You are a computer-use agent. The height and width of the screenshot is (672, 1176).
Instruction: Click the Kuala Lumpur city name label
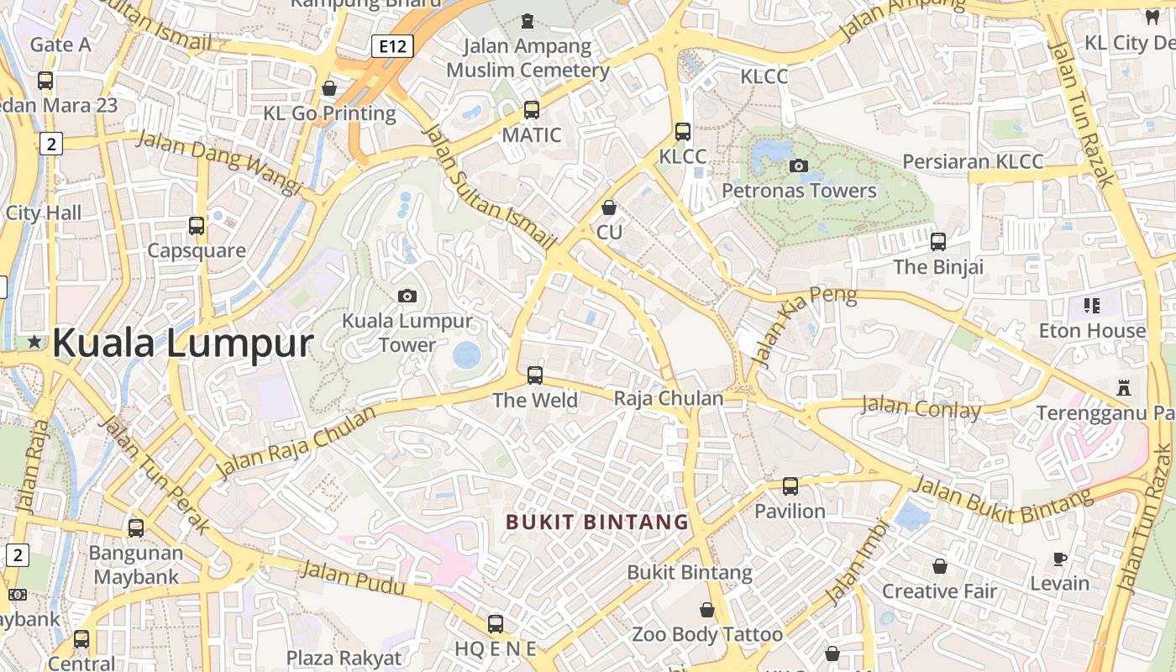(x=183, y=343)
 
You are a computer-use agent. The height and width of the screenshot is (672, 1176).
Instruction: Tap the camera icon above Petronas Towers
(x=799, y=165)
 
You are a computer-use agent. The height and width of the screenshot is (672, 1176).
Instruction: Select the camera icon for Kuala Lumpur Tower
(x=407, y=296)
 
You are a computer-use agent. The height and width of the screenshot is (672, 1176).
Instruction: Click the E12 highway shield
(x=392, y=46)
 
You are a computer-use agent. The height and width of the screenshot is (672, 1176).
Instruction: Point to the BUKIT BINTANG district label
(x=597, y=522)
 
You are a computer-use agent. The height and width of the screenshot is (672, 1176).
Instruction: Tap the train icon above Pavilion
(x=790, y=486)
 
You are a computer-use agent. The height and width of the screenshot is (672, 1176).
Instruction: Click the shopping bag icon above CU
(x=609, y=207)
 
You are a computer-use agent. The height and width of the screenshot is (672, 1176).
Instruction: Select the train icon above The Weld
(x=535, y=375)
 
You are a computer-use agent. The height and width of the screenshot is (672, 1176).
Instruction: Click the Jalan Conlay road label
(x=921, y=409)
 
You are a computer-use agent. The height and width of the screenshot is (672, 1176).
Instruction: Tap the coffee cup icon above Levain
(x=1060, y=558)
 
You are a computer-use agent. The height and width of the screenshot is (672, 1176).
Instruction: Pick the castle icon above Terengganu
(x=1124, y=388)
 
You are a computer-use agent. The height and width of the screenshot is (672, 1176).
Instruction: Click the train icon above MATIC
(x=531, y=109)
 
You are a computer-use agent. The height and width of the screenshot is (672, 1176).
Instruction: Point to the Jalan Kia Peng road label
(x=805, y=325)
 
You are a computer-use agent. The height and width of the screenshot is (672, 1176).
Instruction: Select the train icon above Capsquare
(x=197, y=225)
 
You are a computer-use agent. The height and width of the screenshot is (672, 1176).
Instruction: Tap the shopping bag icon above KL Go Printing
(x=329, y=88)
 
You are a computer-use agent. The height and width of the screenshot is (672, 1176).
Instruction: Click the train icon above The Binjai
(x=938, y=241)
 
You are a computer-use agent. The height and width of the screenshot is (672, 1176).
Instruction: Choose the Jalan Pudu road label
(x=352, y=579)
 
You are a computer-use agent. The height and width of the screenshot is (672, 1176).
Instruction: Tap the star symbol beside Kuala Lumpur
(x=34, y=342)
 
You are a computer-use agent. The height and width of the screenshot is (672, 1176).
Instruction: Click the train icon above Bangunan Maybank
(x=136, y=528)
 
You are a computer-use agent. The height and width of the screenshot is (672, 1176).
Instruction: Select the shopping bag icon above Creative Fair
(x=940, y=566)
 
